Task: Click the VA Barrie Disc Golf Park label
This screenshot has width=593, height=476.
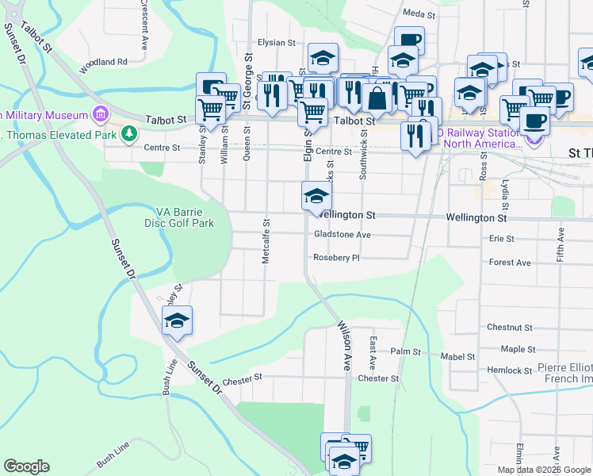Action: click(x=185, y=217)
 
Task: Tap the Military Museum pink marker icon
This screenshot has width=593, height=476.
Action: click(x=101, y=115)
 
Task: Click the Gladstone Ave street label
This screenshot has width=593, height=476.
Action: click(x=342, y=235)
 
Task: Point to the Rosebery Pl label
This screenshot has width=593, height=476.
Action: click(x=337, y=258)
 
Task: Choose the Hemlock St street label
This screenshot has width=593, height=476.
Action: click(x=510, y=370)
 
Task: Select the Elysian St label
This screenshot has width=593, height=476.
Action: click(x=276, y=43)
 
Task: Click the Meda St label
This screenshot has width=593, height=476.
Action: click(x=419, y=14)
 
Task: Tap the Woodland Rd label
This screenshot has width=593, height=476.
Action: click(x=103, y=61)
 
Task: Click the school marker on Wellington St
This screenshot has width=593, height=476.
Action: click(x=316, y=196)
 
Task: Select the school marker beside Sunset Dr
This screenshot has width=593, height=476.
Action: click(x=177, y=321)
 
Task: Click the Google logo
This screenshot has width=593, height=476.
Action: click(x=26, y=466)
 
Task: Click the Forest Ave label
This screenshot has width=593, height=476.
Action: click(x=510, y=263)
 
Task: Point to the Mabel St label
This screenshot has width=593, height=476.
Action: click(x=459, y=357)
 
